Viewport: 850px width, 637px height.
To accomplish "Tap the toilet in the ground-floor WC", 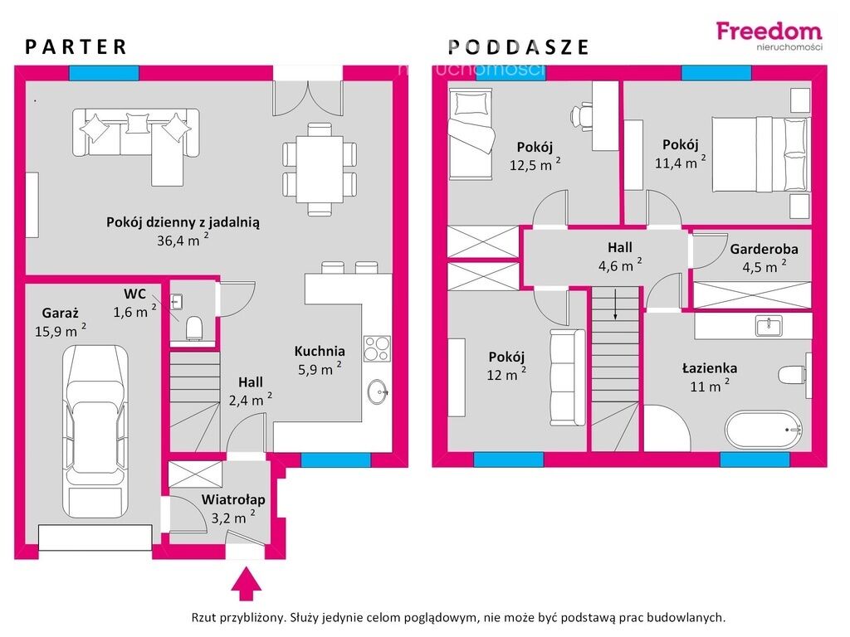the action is pyautogui.click(x=194, y=328).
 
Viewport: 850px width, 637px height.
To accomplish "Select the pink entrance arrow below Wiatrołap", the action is pyautogui.click(x=247, y=583).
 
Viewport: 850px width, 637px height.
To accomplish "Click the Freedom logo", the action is pyautogui.click(x=769, y=35).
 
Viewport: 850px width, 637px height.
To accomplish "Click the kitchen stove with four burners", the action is pyautogui.click(x=378, y=349).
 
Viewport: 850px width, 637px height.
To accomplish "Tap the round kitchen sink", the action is pyautogui.click(x=378, y=391).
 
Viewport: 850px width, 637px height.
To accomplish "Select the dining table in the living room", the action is pyautogui.click(x=320, y=169).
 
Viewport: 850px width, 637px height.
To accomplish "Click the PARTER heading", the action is pyautogui.click(x=76, y=47).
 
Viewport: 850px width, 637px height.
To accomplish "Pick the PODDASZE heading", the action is pyautogui.click(x=518, y=47).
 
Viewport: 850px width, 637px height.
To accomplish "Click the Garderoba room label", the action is pyautogui.click(x=764, y=249).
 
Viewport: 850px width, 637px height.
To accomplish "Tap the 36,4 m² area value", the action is pyautogui.click(x=183, y=240).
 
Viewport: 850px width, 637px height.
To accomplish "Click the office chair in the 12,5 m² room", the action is pyautogui.click(x=582, y=115).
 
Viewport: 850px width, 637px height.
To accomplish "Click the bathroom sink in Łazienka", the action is pyautogui.click(x=769, y=327).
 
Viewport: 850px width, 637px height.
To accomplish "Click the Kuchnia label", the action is pyautogui.click(x=320, y=351).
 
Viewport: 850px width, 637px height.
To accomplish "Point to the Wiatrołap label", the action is pyautogui.click(x=233, y=500).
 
